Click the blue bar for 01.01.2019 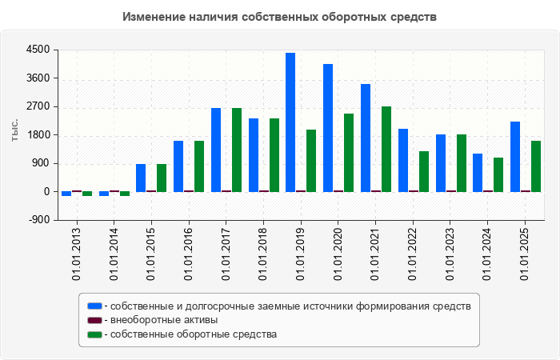coord(290,122)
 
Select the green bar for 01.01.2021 coord(386,149)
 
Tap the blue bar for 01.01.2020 coord(328,127)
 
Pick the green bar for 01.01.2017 coord(237,150)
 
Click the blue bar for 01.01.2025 coord(515,156)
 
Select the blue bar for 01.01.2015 coord(141,178)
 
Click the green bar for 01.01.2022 coord(424,171)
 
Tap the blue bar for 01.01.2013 coord(66,194)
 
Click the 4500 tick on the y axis coord(38,50)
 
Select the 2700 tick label coord(38,106)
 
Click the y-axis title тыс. coord(15,130)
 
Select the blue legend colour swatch coord(95,306)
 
